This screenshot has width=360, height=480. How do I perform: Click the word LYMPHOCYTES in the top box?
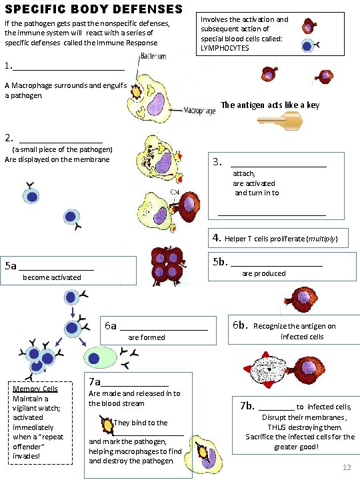tap(226, 48)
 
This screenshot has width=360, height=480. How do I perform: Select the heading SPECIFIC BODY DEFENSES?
tap(93, 9)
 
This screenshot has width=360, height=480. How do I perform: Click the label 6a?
tap(111, 326)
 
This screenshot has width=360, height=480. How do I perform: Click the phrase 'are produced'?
tap(263, 273)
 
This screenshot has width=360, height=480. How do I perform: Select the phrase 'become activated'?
tap(52, 277)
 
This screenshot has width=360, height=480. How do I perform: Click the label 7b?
tap(247, 405)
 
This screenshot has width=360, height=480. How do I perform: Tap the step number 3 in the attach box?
tap(217, 162)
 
